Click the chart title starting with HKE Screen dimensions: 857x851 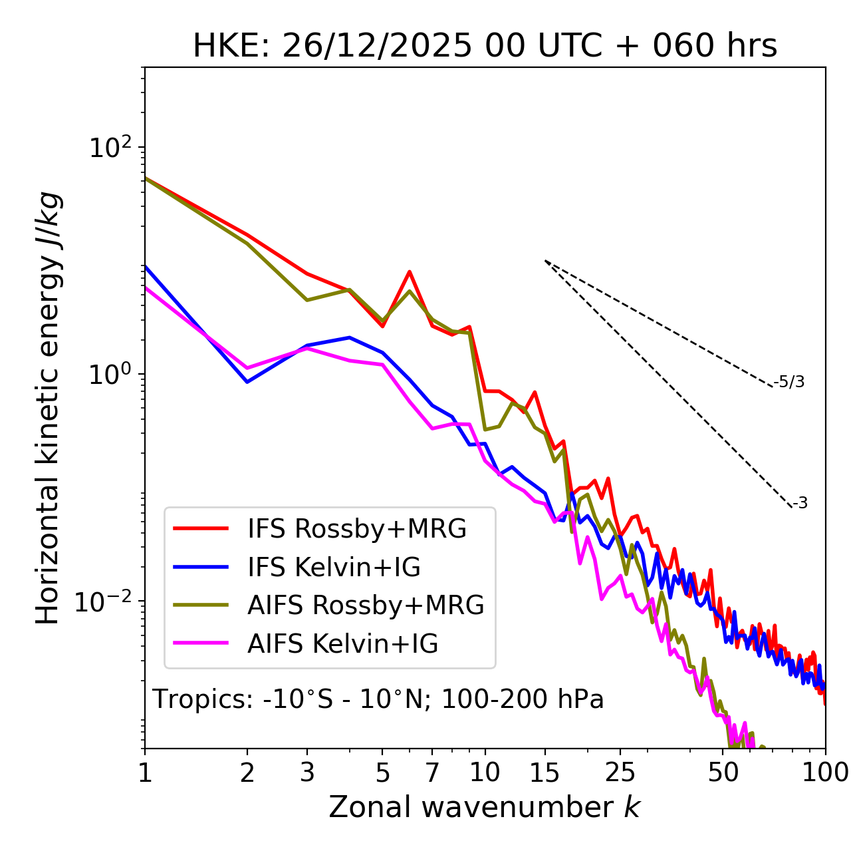click(485, 47)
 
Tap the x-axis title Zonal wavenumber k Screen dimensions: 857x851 click(484, 807)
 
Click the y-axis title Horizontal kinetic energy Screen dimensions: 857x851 click(48, 408)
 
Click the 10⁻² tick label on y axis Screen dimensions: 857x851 click(106, 601)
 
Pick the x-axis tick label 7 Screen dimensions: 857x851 click(432, 772)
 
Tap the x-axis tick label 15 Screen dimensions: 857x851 click(545, 772)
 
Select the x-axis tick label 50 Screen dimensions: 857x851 click(723, 772)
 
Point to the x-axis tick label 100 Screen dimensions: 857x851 click(824, 772)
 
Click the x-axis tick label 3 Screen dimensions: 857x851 click(306, 772)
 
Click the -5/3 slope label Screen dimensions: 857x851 click(789, 382)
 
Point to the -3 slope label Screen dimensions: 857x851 click(800, 504)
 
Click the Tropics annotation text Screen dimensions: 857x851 click(378, 699)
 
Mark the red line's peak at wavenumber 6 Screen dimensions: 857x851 click(410, 271)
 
